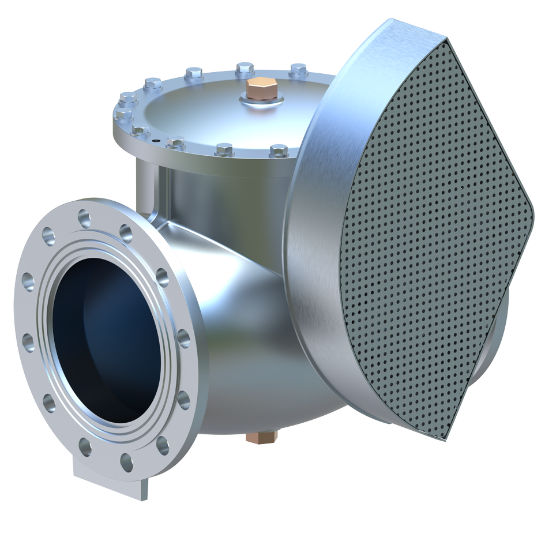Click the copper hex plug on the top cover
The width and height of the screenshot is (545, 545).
262,88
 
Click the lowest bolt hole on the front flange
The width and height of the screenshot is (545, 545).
126,462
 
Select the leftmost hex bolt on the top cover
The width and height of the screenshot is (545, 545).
123,114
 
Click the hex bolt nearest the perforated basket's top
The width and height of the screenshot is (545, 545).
298,70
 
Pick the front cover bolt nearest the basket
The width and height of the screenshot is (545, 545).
279,151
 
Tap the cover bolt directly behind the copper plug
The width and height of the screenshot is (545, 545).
245,69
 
